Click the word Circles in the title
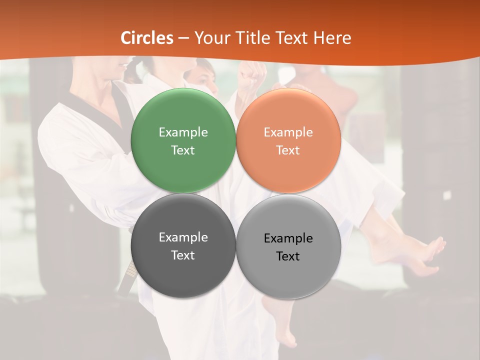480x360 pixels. point(146,38)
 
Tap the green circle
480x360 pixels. point(183,115)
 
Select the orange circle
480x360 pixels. point(288,115)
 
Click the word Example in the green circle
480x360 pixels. point(183,132)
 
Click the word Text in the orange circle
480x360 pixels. point(288,150)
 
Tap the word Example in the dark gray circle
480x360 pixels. point(183,237)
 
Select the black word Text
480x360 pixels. point(288,256)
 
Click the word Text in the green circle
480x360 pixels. point(183,150)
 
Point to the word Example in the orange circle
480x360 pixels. point(288,132)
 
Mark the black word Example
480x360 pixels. point(288,238)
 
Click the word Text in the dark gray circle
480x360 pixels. point(183,255)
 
